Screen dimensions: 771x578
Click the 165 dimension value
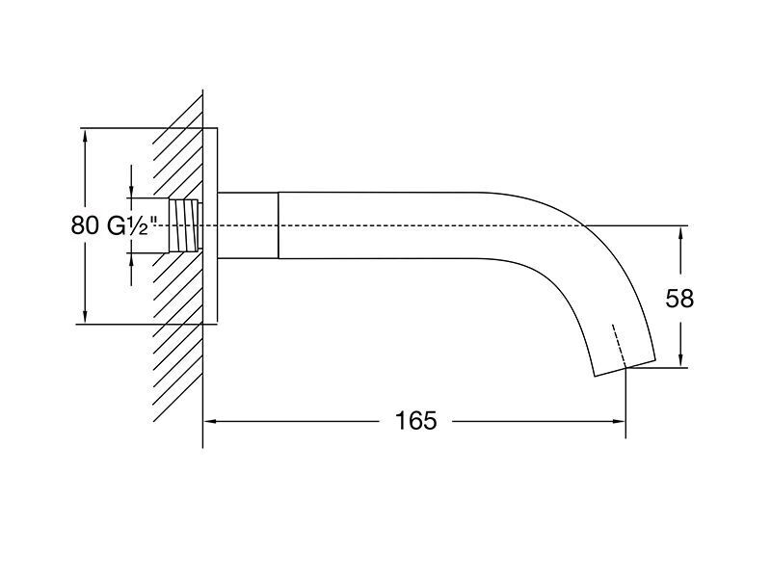pyautogui.click(x=416, y=421)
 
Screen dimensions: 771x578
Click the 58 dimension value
pyautogui.click(x=679, y=299)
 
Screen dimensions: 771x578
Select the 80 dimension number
pyautogui.click(x=86, y=225)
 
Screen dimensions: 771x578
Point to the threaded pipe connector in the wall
pyautogui.click(x=186, y=225)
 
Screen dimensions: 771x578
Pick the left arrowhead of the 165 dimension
pyautogui.click(x=211, y=421)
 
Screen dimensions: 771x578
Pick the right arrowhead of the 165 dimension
pyautogui.click(x=618, y=421)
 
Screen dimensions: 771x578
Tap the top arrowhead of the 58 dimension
pyautogui.click(x=680, y=233)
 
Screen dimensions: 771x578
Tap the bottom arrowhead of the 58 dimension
pyautogui.click(x=680, y=359)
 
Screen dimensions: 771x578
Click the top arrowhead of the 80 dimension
pyautogui.click(x=85, y=136)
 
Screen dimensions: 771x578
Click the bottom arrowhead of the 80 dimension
pyautogui.click(x=85, y=316)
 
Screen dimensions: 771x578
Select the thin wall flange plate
pyautogui.click(x=210, y=225)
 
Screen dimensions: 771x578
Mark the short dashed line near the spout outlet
pyautogui.click(x=619, y=346)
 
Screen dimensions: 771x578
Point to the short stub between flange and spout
pyautogui.click(x=248, y=225)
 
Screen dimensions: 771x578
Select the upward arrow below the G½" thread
pyautogui.click(x=131, y=270)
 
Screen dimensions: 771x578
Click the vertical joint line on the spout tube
pyautogui.click(x=279, y=225)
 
